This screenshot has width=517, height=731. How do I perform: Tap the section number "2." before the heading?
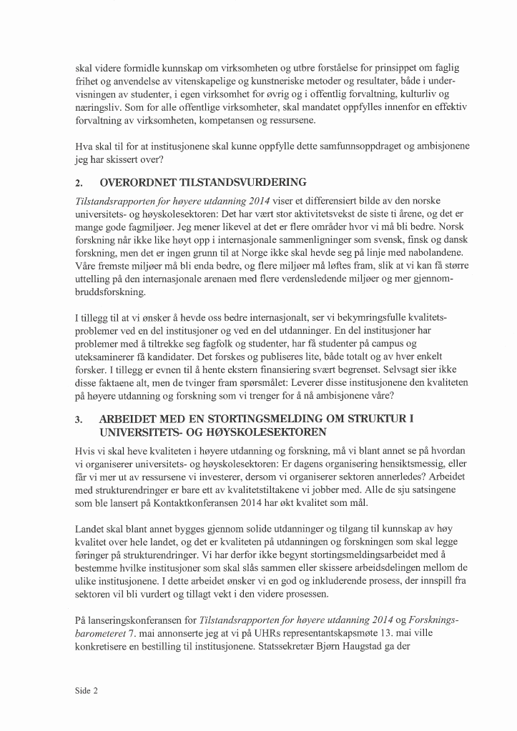point(79,182)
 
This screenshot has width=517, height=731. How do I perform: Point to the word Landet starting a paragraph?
point(89,529)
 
